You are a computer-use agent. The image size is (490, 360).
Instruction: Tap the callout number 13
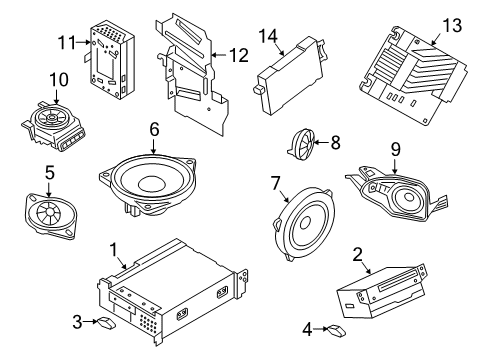click(x=454, y=24)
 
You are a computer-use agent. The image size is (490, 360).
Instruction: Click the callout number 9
click(x=395, y=149)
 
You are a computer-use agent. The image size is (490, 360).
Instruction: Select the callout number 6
click(x=154, y=128)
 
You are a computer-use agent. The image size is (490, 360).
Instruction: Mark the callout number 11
click(x=66, y=43)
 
